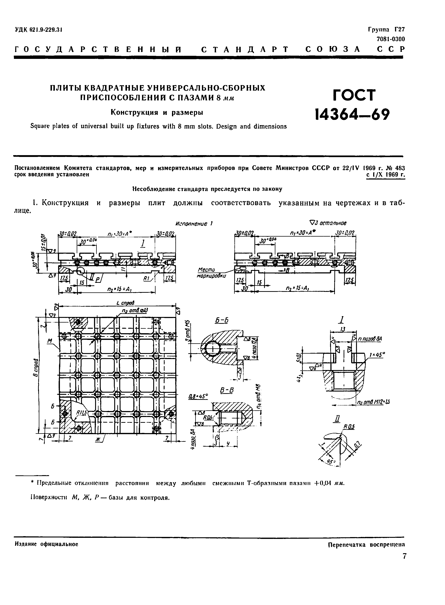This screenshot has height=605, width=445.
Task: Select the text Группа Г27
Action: (x=386, y=29)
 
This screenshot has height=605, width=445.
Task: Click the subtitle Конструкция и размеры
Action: (x=157, y=113)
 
